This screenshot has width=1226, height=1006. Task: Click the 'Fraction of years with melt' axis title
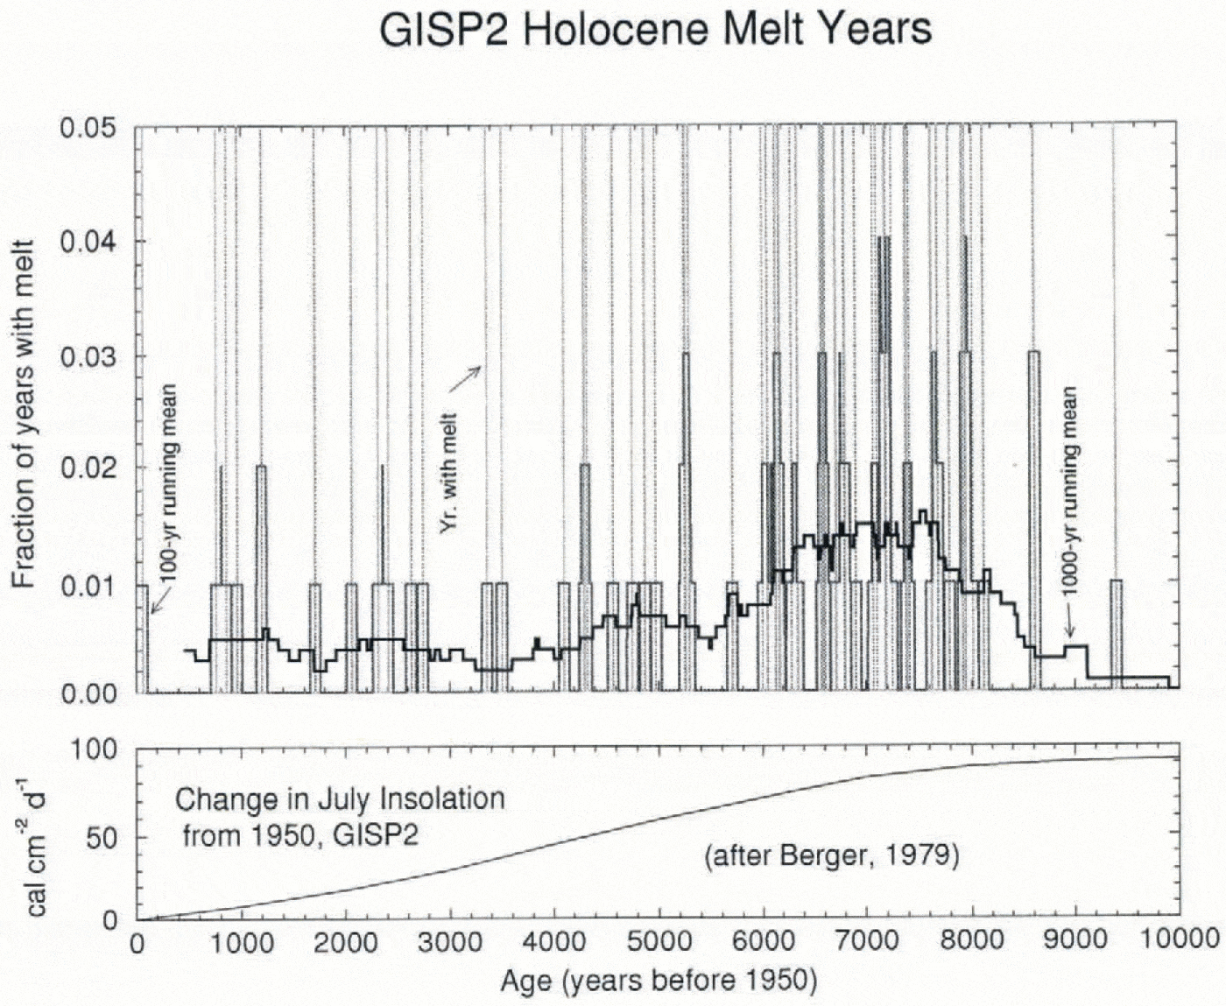click(x=24, y=414)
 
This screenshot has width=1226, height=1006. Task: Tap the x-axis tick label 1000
click(x=241, y=942)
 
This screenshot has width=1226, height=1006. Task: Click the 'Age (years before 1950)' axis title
click(x=659, y=981)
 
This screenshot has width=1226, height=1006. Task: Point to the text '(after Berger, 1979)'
click(x=832, y=855)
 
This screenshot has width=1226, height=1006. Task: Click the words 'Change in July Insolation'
click(x=340, y=799)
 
